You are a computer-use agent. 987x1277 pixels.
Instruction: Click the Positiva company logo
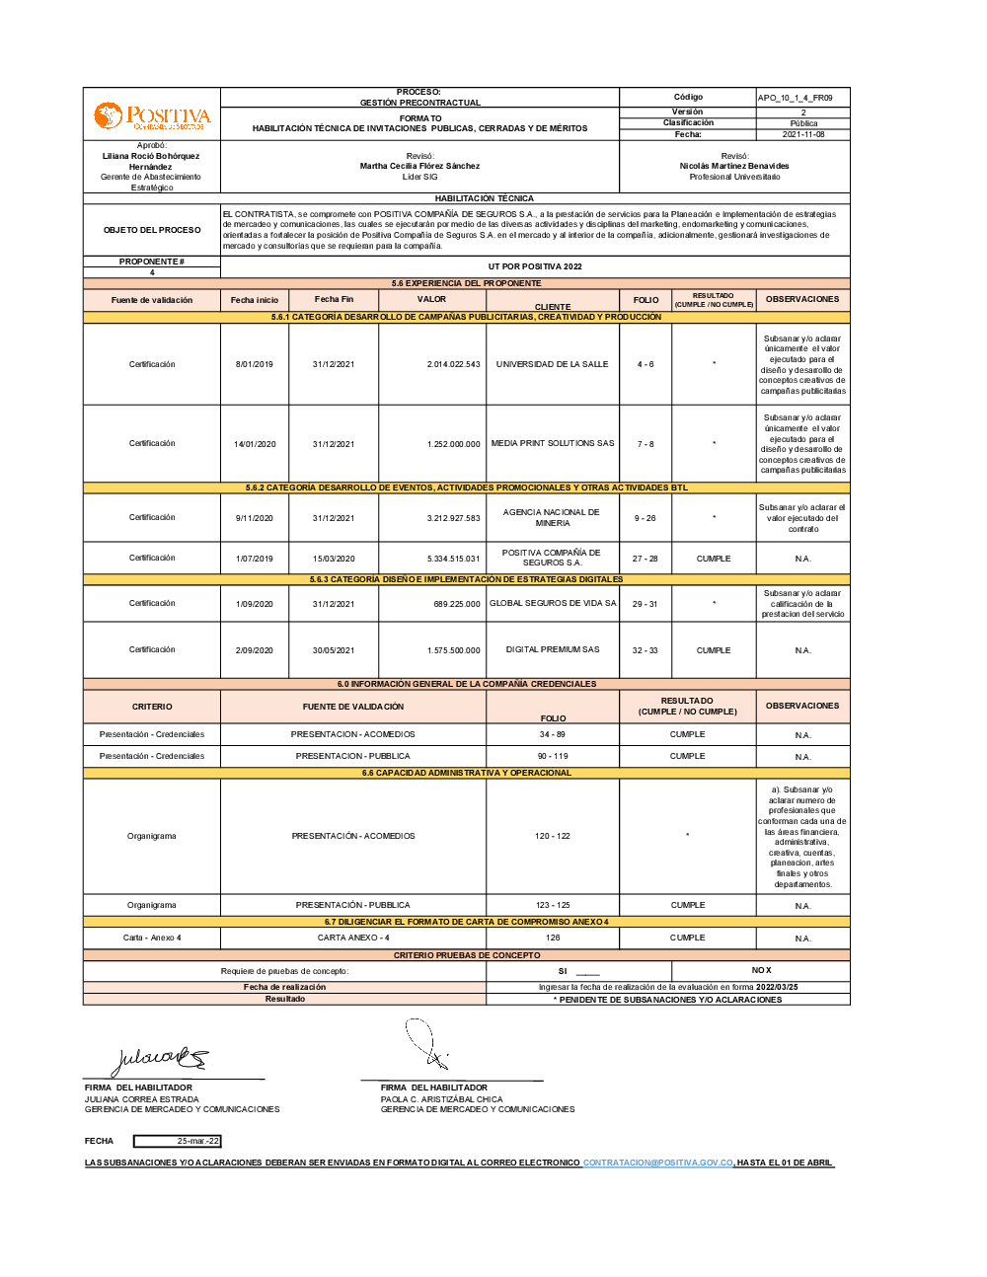click(152, 116)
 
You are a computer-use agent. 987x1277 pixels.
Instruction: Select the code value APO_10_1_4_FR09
click(795, 98)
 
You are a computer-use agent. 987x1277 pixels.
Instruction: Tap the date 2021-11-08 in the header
click(803, 134)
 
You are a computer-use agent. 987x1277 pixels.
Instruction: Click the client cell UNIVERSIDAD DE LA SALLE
click(552, 364)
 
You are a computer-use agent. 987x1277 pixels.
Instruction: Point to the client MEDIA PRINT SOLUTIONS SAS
click(552, 443)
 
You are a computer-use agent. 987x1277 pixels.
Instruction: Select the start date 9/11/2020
click(254, 518)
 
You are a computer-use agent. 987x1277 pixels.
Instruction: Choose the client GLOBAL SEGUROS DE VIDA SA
click(552, 603)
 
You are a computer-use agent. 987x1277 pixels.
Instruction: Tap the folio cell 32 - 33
click(645, 650)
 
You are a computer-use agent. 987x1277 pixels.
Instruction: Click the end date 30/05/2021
click(333, 650)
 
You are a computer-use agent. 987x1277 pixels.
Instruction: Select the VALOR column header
click(431, 299)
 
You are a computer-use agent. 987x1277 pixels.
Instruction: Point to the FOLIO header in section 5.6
click(645, 300)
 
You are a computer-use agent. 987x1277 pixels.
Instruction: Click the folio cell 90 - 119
click(552, 756)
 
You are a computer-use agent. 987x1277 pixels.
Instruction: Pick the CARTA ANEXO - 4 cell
click(353, 938)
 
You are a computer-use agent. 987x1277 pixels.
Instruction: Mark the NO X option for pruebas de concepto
click(761, 970)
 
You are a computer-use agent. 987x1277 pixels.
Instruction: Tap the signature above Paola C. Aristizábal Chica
click(426, 1045)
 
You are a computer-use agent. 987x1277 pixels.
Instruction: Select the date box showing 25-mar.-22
click(178, 1141)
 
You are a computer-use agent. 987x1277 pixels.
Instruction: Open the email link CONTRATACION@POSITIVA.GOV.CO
click(657, 1163)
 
